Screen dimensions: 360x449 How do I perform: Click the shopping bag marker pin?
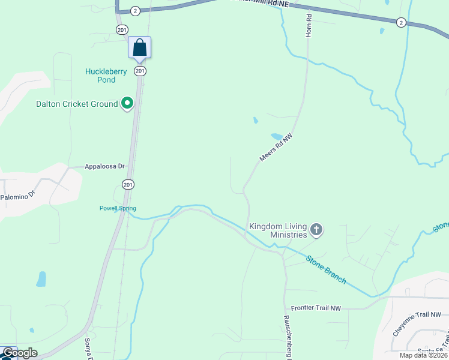pos(139,47)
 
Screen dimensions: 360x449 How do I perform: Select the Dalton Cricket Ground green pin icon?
pos(127,104)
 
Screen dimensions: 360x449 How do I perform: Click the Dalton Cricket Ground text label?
pos(77,104)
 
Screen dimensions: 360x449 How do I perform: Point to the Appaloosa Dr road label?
pos(104,166)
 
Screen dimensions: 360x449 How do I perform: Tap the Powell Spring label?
pos(118,208)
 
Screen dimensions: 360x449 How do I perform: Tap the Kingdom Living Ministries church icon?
pos(316,229)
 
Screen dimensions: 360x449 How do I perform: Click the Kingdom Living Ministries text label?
pos(278,230)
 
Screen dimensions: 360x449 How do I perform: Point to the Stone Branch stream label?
pos(326,269)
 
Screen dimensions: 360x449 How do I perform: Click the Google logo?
pos(19,353)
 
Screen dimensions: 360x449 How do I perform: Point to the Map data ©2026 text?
pos(423,355)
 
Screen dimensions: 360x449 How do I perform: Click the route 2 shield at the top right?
pos(400,22)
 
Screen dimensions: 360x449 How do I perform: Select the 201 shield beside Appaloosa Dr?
pos(128,185)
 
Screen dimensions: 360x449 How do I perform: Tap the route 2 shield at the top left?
pos(135,11)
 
